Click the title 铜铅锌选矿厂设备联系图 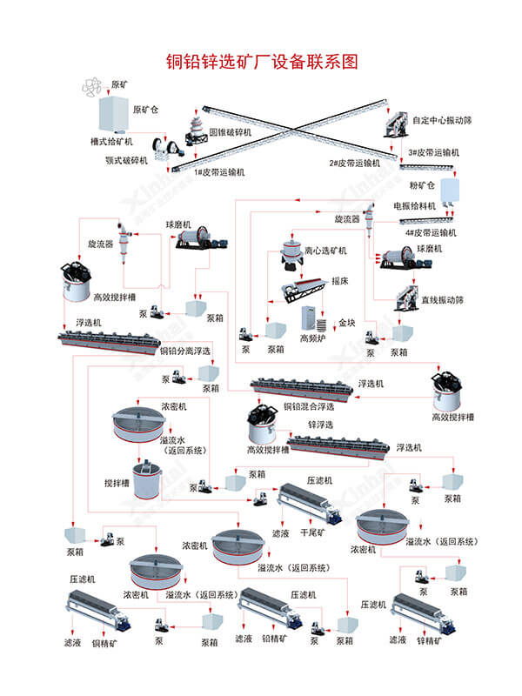coord(261,62)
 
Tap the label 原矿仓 coord(145,110)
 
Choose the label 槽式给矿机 coord(111,140)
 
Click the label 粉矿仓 coord(422,186)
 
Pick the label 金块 coord(347,323)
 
